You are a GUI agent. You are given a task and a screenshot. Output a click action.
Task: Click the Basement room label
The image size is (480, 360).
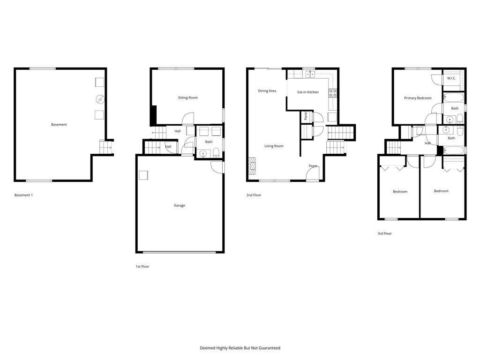pos(59,125)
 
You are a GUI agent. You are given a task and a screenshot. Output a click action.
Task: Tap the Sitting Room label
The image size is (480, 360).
pos(187,97)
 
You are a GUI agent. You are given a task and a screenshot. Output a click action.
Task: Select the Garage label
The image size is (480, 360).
pos(180,205)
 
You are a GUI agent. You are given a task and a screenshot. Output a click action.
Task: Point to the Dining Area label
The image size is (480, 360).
pos(267,91)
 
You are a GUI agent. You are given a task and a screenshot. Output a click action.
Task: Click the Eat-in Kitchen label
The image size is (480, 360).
pos(308,92)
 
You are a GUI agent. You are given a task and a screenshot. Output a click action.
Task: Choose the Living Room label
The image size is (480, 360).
pos(274,146)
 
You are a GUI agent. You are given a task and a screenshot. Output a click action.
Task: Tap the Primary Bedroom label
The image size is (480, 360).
pos(418,98)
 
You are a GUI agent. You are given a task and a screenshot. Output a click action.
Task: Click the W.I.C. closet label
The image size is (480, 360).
pos(451,78)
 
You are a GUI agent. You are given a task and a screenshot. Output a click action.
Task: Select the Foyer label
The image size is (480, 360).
pos(313,166)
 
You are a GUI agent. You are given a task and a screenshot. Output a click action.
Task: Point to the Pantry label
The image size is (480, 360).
pos(306,116)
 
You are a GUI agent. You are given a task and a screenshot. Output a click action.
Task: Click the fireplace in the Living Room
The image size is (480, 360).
pos(252,166)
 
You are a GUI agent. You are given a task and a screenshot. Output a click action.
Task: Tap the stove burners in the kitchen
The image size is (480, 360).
pos(333,93)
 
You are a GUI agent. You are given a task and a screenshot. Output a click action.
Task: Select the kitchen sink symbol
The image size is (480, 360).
pos(310,74)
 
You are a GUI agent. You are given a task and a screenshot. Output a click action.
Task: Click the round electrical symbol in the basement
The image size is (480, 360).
pos(100,99)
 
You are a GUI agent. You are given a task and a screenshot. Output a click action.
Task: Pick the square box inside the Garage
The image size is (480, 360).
pos(143,175)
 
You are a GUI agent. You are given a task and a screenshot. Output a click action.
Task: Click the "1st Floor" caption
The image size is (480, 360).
pos(142,267)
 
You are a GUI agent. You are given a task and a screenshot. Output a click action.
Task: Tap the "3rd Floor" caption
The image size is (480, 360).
pos(384,233)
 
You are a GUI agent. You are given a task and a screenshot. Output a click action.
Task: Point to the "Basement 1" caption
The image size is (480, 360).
pos(23,195)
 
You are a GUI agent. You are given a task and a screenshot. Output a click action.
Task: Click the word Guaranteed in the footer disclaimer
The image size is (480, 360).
pos(270,348)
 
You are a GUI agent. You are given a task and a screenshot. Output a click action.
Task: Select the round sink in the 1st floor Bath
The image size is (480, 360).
pos(203,153)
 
